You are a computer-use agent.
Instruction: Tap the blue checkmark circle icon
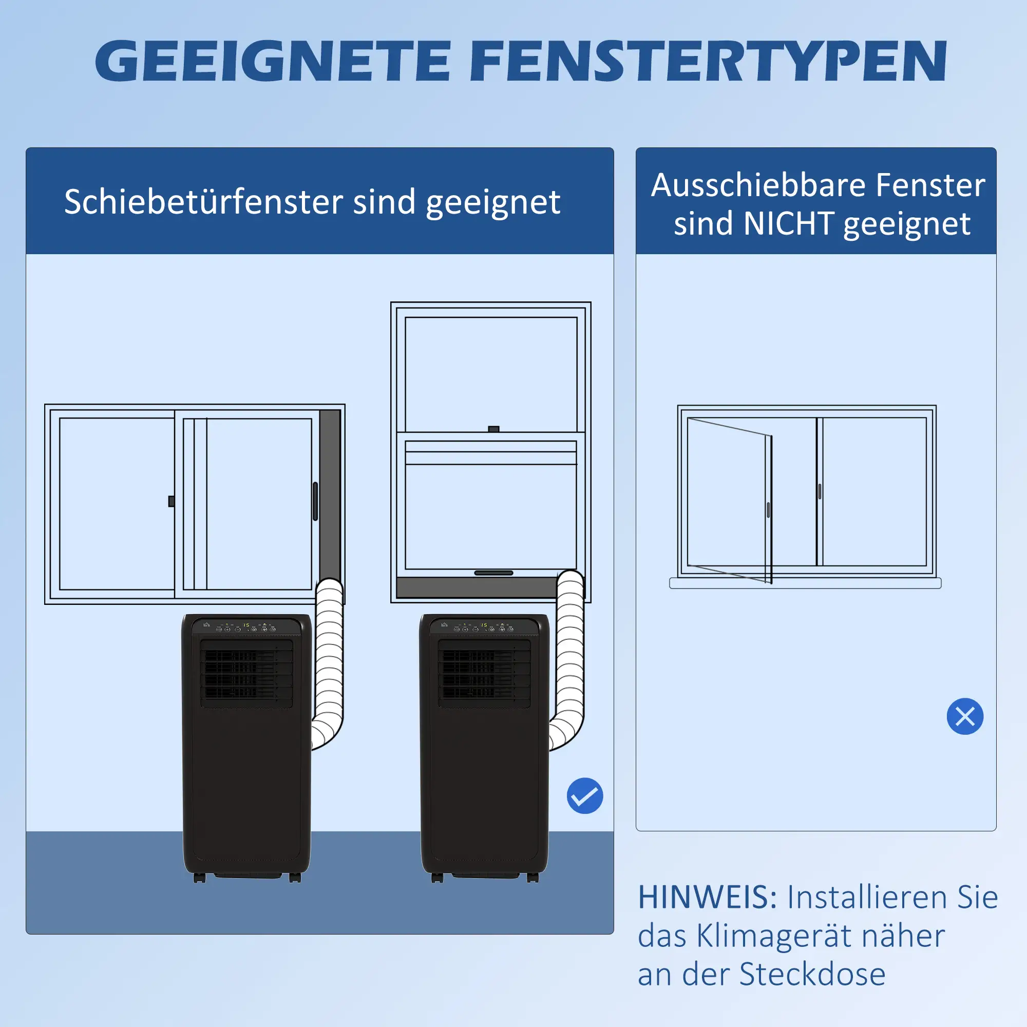point(585,796)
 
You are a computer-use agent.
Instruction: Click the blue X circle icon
point(965,716)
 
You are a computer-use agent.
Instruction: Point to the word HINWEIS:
point(708,898)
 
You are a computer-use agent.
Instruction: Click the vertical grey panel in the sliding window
point(330,489)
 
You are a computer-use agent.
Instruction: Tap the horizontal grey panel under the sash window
point(476,587)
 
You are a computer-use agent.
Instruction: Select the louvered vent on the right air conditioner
point(484,674)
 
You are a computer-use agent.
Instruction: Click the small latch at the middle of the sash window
point(493,429)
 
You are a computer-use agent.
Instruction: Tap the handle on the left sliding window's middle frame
point(171,501)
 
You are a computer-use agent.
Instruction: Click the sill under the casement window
point(805,583)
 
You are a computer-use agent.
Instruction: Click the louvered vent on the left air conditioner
point(246,674)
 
